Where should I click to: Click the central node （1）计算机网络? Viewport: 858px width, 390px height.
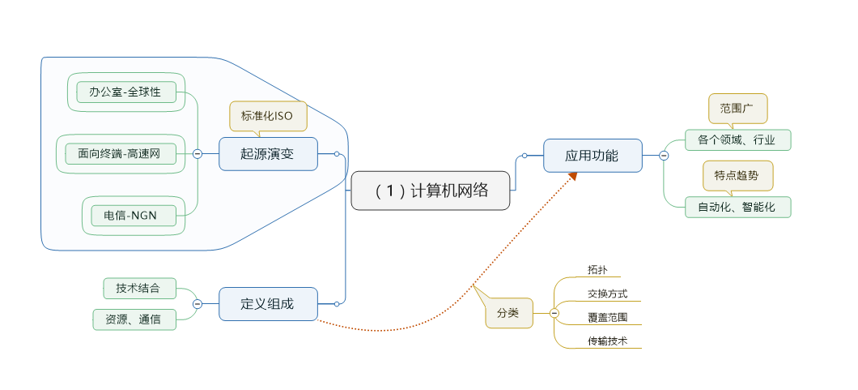[431, 191]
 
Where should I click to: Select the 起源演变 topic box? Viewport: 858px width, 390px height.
[268, 153]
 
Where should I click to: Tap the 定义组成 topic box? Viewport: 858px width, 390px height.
[268, 304]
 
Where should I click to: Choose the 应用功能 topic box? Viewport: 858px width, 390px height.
[593, 156]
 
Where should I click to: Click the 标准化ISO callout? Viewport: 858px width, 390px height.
[268, 116]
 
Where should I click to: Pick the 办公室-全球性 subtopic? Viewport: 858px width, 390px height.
[125, 92]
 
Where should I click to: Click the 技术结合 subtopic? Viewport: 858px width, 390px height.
[139, 288]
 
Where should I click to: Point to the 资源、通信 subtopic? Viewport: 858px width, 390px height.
[134, 319]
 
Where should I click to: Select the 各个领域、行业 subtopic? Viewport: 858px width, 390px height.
[737, 139]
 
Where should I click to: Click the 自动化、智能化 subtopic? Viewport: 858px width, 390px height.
[737, 207]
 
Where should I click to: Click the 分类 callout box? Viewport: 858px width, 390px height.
[508, 313]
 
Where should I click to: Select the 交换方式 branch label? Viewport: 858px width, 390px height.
[608, 294]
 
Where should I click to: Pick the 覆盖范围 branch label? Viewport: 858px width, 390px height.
[608, 318]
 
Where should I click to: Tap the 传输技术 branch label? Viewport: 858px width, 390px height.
[608, 341]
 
